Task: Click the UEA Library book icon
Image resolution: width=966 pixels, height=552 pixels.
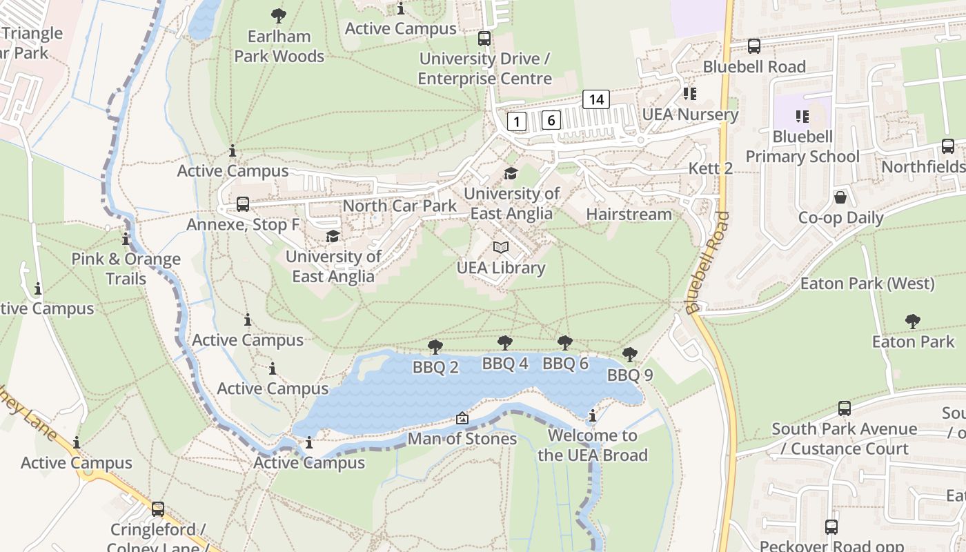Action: tap(501, 248)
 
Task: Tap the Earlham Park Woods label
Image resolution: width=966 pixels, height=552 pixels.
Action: tap(279, 46)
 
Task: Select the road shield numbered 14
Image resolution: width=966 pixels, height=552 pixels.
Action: tap(596, 99)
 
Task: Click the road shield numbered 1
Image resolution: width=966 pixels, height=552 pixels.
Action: tap(517, 122)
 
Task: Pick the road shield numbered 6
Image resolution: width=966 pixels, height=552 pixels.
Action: tap(551, 120)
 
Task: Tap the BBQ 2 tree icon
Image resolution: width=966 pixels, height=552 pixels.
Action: tap(435, 346)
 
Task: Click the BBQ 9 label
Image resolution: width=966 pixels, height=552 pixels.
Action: tap(629, 375)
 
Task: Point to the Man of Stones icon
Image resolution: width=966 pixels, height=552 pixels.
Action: tap(462, 419)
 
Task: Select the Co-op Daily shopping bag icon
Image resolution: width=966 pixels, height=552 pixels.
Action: tap(840, 198)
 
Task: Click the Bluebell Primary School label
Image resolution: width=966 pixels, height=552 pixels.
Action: tap(802, 146)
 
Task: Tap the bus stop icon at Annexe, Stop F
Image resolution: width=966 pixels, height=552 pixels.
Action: tap(243, 204)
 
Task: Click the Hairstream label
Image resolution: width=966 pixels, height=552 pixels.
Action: tap(629, 215)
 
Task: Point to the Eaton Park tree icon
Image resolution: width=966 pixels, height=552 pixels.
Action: tap(913, 321)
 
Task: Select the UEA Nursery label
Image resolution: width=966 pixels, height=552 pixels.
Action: tap(690, 115)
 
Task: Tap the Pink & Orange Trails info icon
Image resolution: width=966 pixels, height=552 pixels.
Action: tap(126, 239)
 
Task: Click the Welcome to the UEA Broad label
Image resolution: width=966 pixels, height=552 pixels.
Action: tap(592, 445)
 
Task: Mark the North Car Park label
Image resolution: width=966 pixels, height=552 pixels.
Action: tap(400, 206)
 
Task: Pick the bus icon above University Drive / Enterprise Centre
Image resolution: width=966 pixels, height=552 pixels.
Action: tap(484, 39)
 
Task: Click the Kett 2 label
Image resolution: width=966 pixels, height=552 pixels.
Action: tap(711, 169)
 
